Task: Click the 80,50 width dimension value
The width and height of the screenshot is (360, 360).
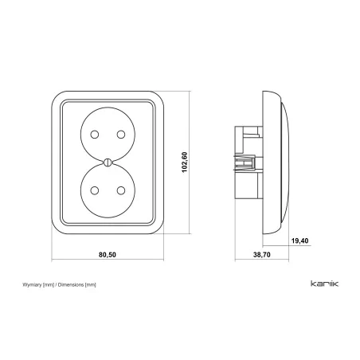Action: click(x=108, y=255)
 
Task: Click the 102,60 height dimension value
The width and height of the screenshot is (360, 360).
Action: click(x=185, y=162)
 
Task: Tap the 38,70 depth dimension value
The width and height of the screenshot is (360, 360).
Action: click(x=262, y=255)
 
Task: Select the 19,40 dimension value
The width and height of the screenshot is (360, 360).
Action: click(x=299, y=241)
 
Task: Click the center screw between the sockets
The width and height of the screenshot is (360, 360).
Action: click(x=108, y=162)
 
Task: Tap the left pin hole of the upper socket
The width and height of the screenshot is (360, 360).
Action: click(x=95, y=135)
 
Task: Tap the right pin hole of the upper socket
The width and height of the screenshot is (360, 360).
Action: click(x=121, y=135)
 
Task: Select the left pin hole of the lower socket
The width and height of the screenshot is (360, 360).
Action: click(x=95, y=190)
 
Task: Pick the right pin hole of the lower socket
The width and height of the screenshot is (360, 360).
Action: click(x=121, y=190)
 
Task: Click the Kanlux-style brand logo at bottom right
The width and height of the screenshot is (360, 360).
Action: click(x=324, y=284)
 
